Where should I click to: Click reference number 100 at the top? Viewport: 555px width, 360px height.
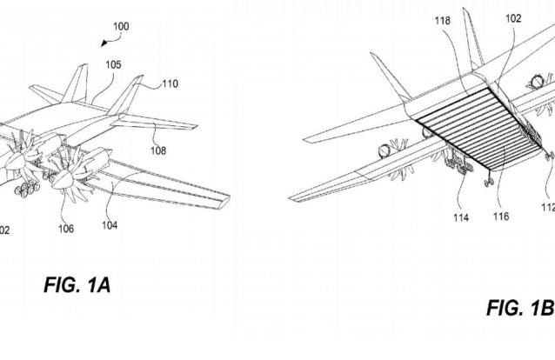click(x=121, y=27)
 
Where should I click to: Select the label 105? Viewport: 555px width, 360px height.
click(x=114, y=63)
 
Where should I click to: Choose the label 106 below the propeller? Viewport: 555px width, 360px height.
click(x=66, y=229)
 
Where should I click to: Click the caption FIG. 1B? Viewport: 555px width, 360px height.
click(x=518, y=310)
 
